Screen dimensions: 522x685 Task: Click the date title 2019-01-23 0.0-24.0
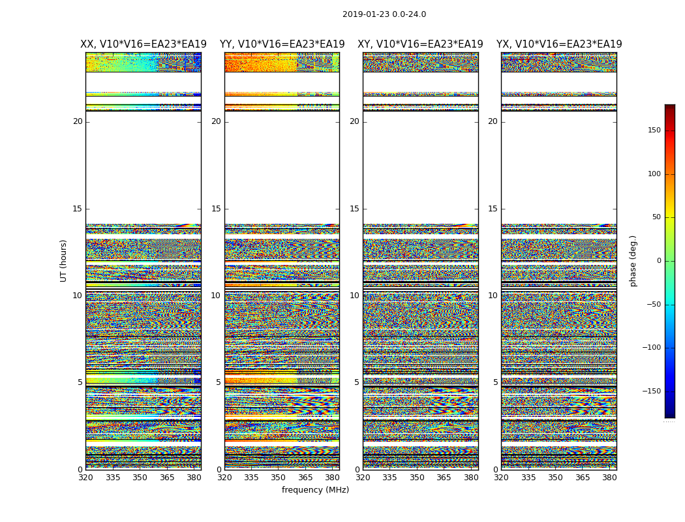pyautogui.click(x=384, y=14)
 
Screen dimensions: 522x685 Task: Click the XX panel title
pyautogui.click(x=144, y=44)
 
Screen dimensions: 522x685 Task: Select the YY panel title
pyautogui.click(x=282, y=44)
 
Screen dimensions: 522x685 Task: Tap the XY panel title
pyautogui.click(x=420, y=44)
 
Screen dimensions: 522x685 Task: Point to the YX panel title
pyautogui.click(x=559, y=44)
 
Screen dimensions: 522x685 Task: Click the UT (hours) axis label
pyautogui.click(x=64, y=260)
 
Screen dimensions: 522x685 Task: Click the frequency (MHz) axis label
pyautogui.click(x=315, y=490)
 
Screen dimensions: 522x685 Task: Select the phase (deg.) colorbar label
pyautogui.click(x=633, y=261)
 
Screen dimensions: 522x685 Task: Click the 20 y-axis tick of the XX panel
pyautogui.click(x=78, y=121)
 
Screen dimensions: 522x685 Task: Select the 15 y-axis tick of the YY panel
pyautogui.click(x=216, y=209)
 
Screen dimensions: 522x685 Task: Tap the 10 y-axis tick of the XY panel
pyautogui.click(x=354, y=296)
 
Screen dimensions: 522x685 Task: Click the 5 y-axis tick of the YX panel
pyautogui.click(x=495, y=382)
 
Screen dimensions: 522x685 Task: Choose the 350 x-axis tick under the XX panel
pyautogui.click(x=140, y=477)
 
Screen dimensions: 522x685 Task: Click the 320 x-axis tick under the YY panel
pyautogui.click(x=224, y=477)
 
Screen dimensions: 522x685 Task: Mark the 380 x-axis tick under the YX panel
pyautogui.click(x=609, y=477)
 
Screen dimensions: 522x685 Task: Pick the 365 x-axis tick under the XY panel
pyautogui.click(x=444, y=477)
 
